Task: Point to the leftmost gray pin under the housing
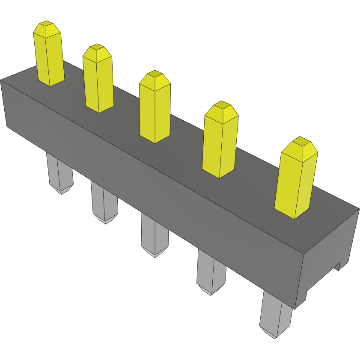pos(59,173)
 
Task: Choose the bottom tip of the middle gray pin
pos(155,254)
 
